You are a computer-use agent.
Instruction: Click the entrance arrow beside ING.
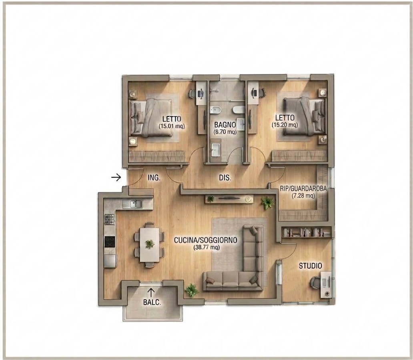tap(116, 178)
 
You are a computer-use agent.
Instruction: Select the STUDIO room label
tap(310, 266)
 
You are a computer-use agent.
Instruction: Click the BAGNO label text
tap(225, 124)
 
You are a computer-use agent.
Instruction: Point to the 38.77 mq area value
tap(206, 248)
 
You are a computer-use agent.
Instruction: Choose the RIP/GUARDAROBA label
tap(303, 189)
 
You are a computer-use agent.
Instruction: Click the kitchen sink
tap(132, 204)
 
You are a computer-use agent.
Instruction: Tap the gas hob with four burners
tap(110, 219)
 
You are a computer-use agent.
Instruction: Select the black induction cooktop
tap(110, 242)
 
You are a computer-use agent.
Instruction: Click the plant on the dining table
tap(150, 244)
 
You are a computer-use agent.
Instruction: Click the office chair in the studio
tap(315, 283)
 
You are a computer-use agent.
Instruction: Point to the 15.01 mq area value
tap(172, 126)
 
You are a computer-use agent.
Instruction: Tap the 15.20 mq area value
tap(285, 125)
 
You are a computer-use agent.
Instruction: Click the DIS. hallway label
tap(225, 178)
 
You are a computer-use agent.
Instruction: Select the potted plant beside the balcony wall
tap(191, 290)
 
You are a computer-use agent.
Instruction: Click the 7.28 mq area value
tap(303, 196)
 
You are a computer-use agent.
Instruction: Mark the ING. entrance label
tap(154, 178)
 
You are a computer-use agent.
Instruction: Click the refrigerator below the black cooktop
tap(110, 261)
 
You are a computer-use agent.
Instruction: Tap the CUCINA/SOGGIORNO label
tap(206, 240)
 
